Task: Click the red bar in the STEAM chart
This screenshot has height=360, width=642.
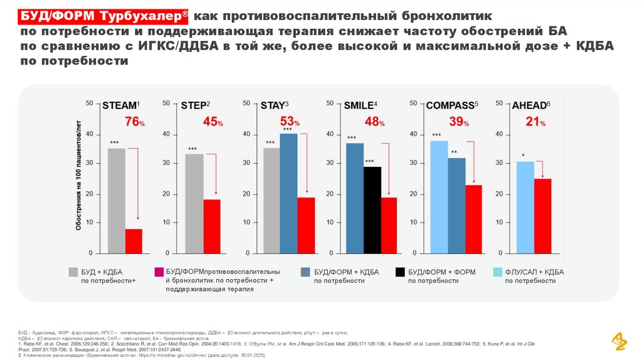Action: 134,241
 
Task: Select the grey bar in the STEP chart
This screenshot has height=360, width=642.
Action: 194,203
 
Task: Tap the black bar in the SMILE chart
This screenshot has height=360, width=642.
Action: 372,209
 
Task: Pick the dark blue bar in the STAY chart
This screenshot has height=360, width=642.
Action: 288,193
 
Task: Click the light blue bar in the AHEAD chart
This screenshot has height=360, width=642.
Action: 525,207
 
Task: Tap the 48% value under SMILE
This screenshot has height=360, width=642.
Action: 374,122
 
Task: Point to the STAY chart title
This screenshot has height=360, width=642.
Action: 274,105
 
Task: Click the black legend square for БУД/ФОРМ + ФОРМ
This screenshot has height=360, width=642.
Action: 399,272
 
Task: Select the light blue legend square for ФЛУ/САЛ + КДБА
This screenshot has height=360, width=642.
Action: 497,272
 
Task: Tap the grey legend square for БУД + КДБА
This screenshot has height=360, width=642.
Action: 73,272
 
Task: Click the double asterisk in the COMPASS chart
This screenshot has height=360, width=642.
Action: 454,152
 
